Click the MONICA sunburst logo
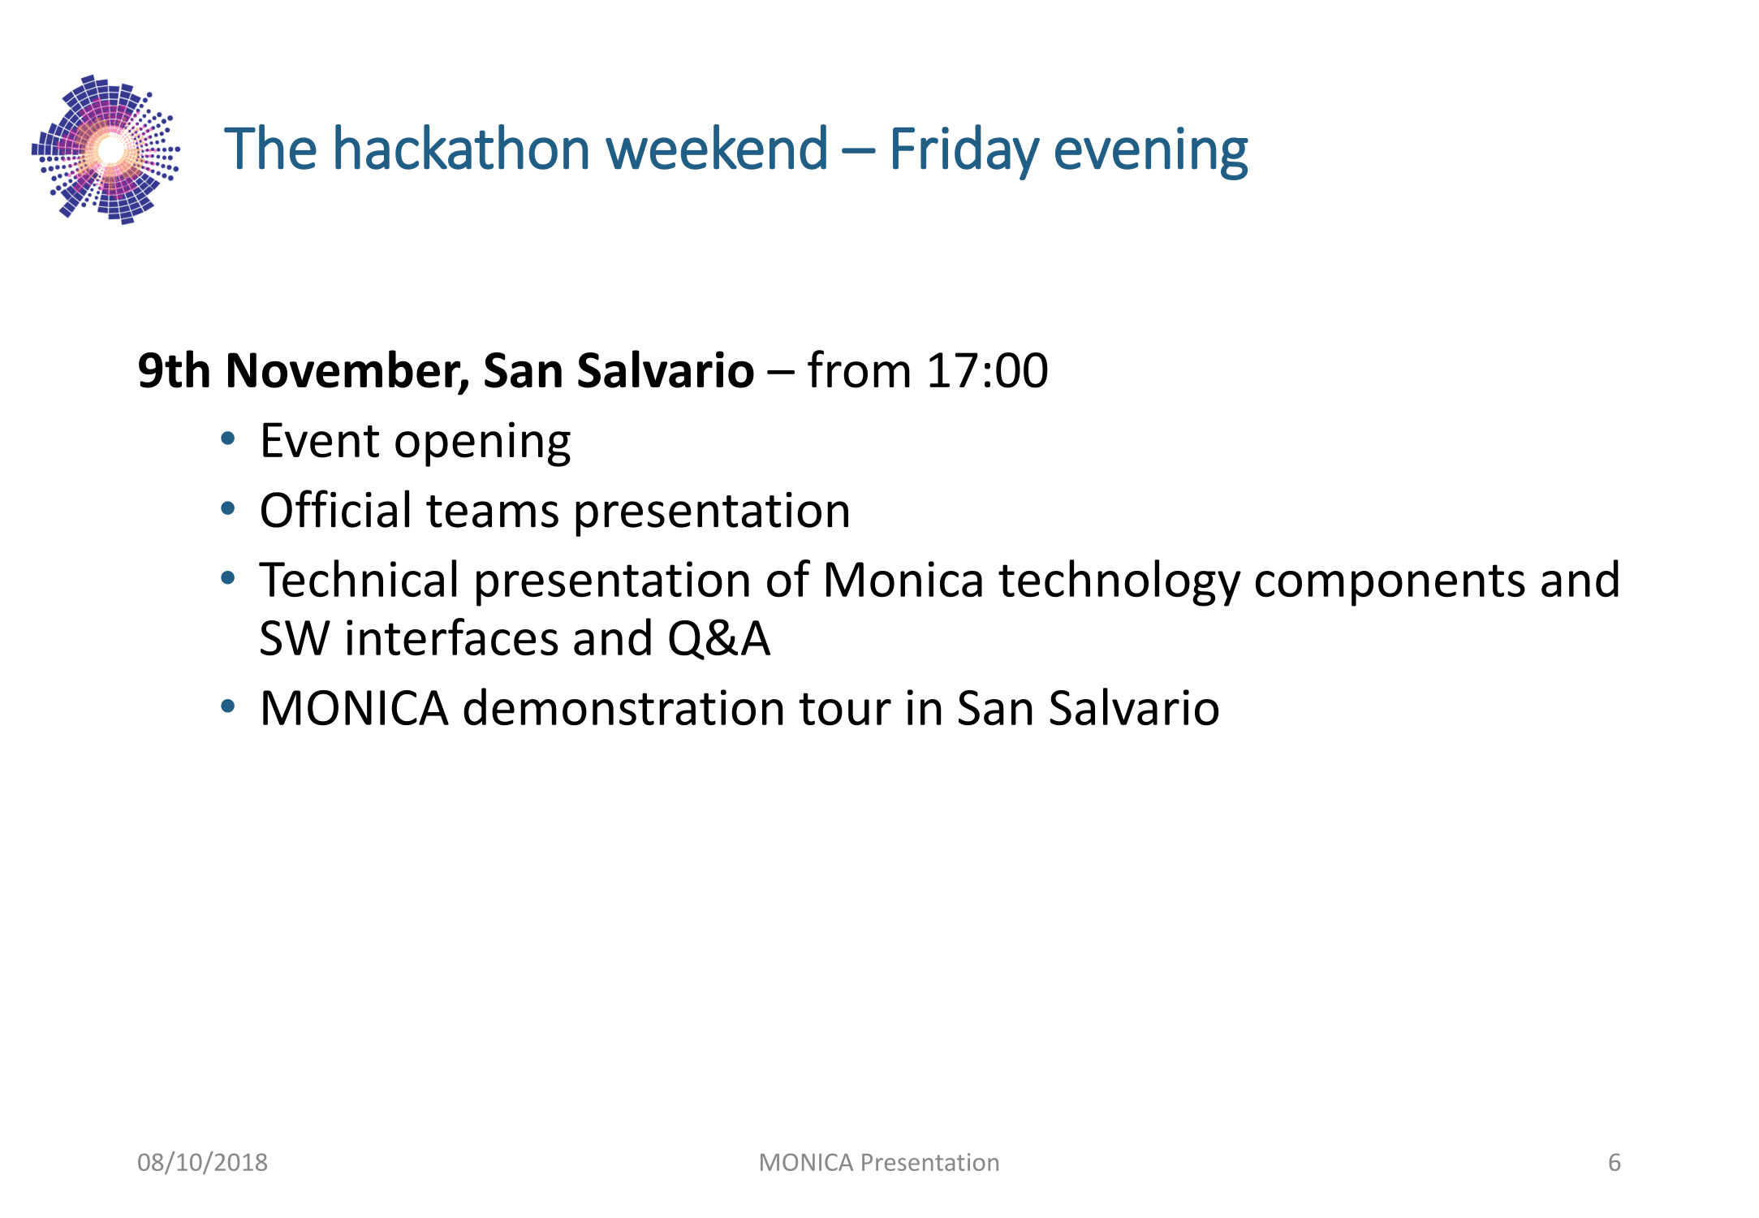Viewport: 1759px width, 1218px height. (x=106, y=149)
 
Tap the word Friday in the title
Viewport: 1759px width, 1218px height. (x=964, y=151)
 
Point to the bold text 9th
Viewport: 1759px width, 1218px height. (x=174, y=370)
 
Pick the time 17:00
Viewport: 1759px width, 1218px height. (x=987, y=370)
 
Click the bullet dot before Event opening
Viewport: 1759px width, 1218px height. (x=228, y=439)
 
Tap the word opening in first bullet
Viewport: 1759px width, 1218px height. (x=482, y=443)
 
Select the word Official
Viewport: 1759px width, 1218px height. (x=336, y=510)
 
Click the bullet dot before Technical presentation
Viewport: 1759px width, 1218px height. (x=228, y=578)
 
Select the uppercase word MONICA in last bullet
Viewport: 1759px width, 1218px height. (x=355, y=708)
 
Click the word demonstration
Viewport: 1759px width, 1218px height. (x=624, y=708)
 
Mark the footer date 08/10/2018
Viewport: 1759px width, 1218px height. (x=202, y=1163)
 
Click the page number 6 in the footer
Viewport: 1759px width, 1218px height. (x=1615, y=1163)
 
